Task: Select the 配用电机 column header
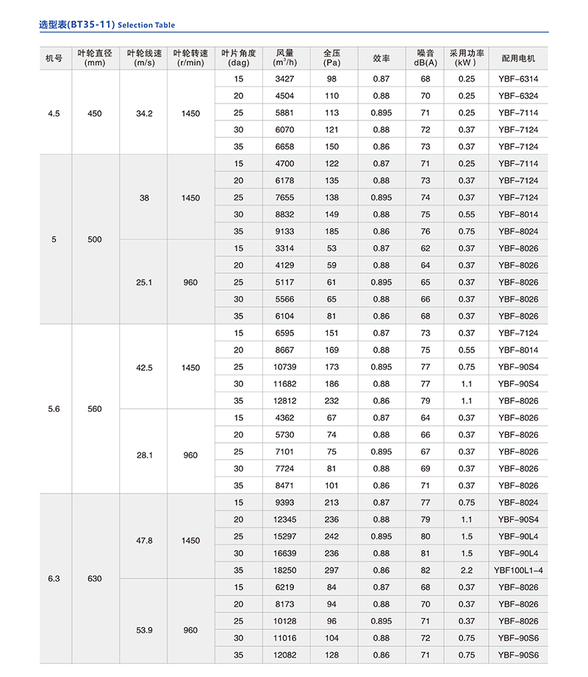tap(518, 58)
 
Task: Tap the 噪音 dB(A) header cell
tap(425, 58)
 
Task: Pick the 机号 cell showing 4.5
tap(54, 113)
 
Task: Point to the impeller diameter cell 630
tap(95, 579)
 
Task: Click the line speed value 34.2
tap(144, 113)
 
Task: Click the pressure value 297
tap(331, 570)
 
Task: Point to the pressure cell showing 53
tap(331, 249)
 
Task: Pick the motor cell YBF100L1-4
tap(518, 570)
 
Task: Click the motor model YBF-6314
tap(518, 79)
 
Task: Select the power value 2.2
tap(467, 570)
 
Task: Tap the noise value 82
tap(425, 570)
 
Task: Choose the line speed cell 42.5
tap(144, 367)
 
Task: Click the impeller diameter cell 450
tap(95, 113)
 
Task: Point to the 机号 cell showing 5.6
tap(54, 409)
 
